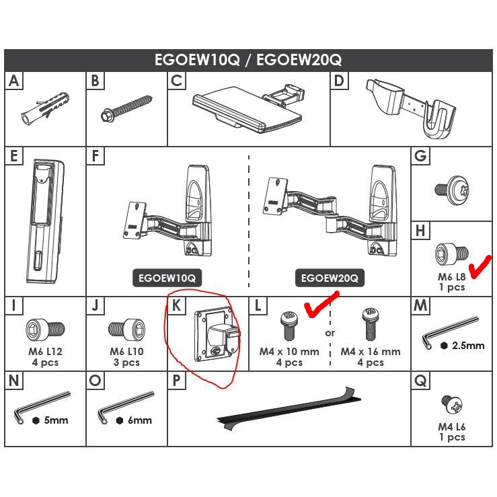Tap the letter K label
click(x=177, y=305)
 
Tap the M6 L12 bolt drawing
click(x=45, y=330)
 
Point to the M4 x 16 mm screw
click(x=369, y=324)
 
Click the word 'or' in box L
click(x=330, y=334)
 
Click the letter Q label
click(x=421, y=381)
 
